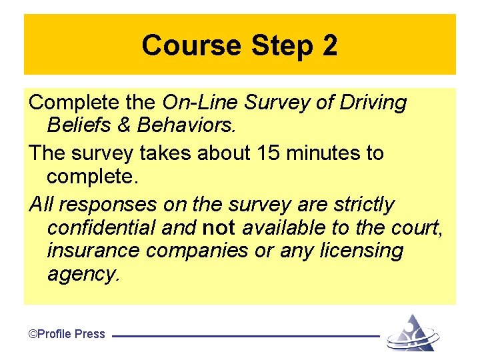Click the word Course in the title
point(192,46)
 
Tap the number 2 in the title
point(329,46)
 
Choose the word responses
point(99,205)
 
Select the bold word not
point(218,228)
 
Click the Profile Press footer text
point(67,334)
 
